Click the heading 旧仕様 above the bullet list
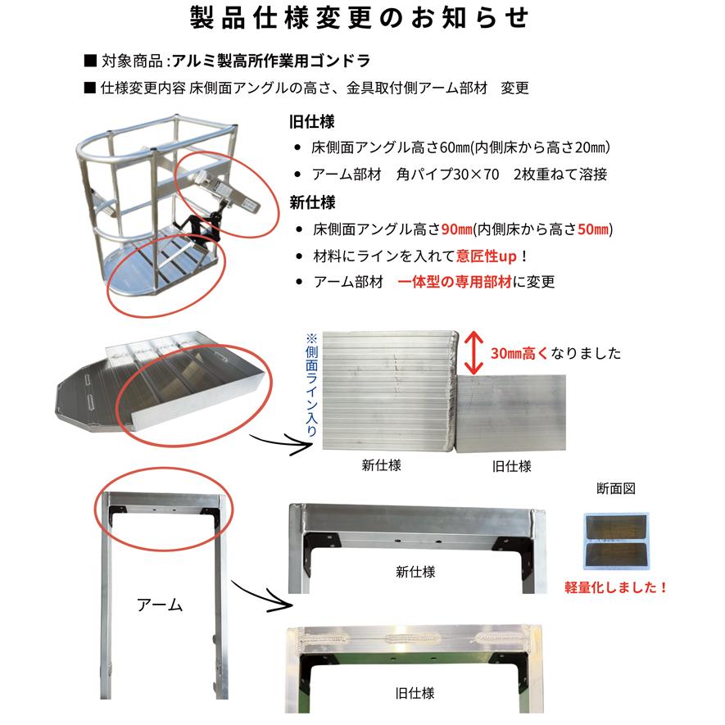pos(307,123)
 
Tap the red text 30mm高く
pos(521,354)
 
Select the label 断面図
pos(616,488)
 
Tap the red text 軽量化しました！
pos(616,587)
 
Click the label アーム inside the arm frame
pos(160,606)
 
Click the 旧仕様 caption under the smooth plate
pos(512,466)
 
